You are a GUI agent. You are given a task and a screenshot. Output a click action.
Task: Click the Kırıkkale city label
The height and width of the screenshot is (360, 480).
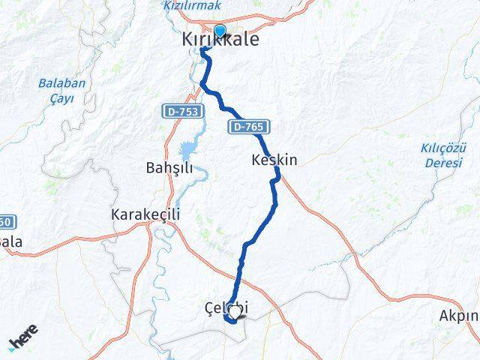(x=220, y=40)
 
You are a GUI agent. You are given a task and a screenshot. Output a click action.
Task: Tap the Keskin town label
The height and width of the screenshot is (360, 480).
(x=274, y=160)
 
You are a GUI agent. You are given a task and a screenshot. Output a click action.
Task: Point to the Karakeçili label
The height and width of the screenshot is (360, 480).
(x=145, y=214)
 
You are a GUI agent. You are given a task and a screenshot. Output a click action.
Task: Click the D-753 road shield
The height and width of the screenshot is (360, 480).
(x=177, y=111)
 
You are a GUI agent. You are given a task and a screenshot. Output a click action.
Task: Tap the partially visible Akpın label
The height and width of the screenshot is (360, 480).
(x=460, y=316)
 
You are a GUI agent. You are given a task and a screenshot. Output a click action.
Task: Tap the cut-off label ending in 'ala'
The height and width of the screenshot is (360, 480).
(x=10, y=242)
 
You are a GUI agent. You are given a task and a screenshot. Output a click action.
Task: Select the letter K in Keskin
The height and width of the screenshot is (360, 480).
(x=257, y=160)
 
